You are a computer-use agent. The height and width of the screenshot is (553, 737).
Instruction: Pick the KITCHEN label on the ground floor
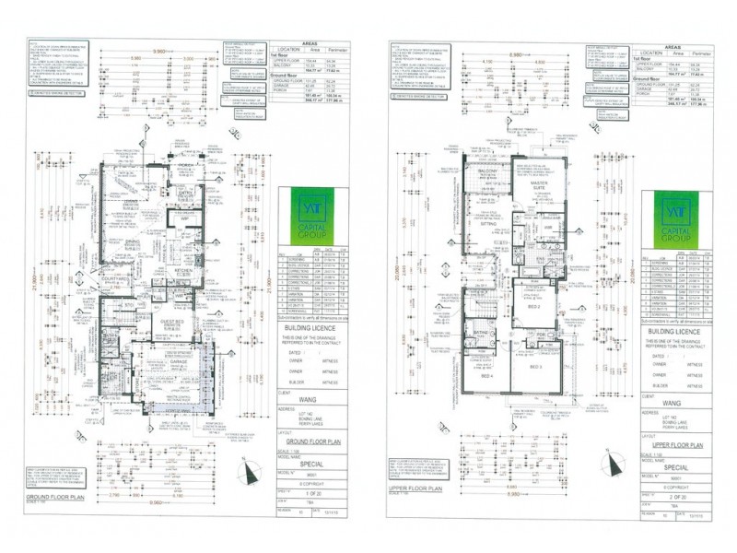181,269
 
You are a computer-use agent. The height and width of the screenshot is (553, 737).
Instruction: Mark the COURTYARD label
115,285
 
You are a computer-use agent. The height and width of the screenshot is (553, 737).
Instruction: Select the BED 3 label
536,366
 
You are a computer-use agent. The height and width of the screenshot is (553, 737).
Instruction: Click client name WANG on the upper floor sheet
672,402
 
